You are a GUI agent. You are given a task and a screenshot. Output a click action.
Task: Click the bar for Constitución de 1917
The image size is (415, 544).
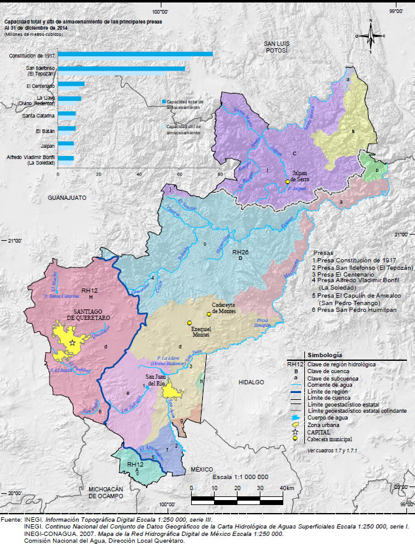click(x=135, y=54)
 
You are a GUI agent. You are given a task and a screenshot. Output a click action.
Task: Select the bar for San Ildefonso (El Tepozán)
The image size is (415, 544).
click(x=121, y=69)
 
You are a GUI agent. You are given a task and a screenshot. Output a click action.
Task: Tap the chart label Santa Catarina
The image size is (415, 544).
click(x=38, y=115)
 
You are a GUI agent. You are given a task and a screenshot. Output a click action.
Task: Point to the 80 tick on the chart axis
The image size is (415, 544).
click(x=220, y=174)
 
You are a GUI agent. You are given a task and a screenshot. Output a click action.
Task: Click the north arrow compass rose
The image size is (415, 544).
click(x=370, y=37)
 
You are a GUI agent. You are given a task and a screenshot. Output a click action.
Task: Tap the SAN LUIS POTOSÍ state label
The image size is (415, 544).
click(x=275, y=47)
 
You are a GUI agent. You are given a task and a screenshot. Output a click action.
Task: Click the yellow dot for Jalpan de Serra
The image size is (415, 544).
click(x=287, y=182)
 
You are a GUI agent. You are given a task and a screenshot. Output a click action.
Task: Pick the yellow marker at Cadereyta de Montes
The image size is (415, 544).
click(x=209, y=314)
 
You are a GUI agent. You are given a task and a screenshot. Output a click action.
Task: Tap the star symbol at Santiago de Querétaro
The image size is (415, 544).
click(x=72, y=342)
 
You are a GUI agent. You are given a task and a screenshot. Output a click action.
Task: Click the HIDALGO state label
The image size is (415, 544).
click(x=252, y=382)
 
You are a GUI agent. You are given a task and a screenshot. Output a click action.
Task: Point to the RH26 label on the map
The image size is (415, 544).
click(x=240, y=253)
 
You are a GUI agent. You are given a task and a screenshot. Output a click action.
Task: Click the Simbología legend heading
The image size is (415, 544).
click(x=326, y=356)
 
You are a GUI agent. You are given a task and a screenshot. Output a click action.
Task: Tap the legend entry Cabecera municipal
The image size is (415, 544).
click(x=332, y=438)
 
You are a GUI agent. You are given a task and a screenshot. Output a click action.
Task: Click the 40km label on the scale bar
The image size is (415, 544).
click(x=286, y=488)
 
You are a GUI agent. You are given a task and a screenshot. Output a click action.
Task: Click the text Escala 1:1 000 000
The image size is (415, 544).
click(x=240, y=477)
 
